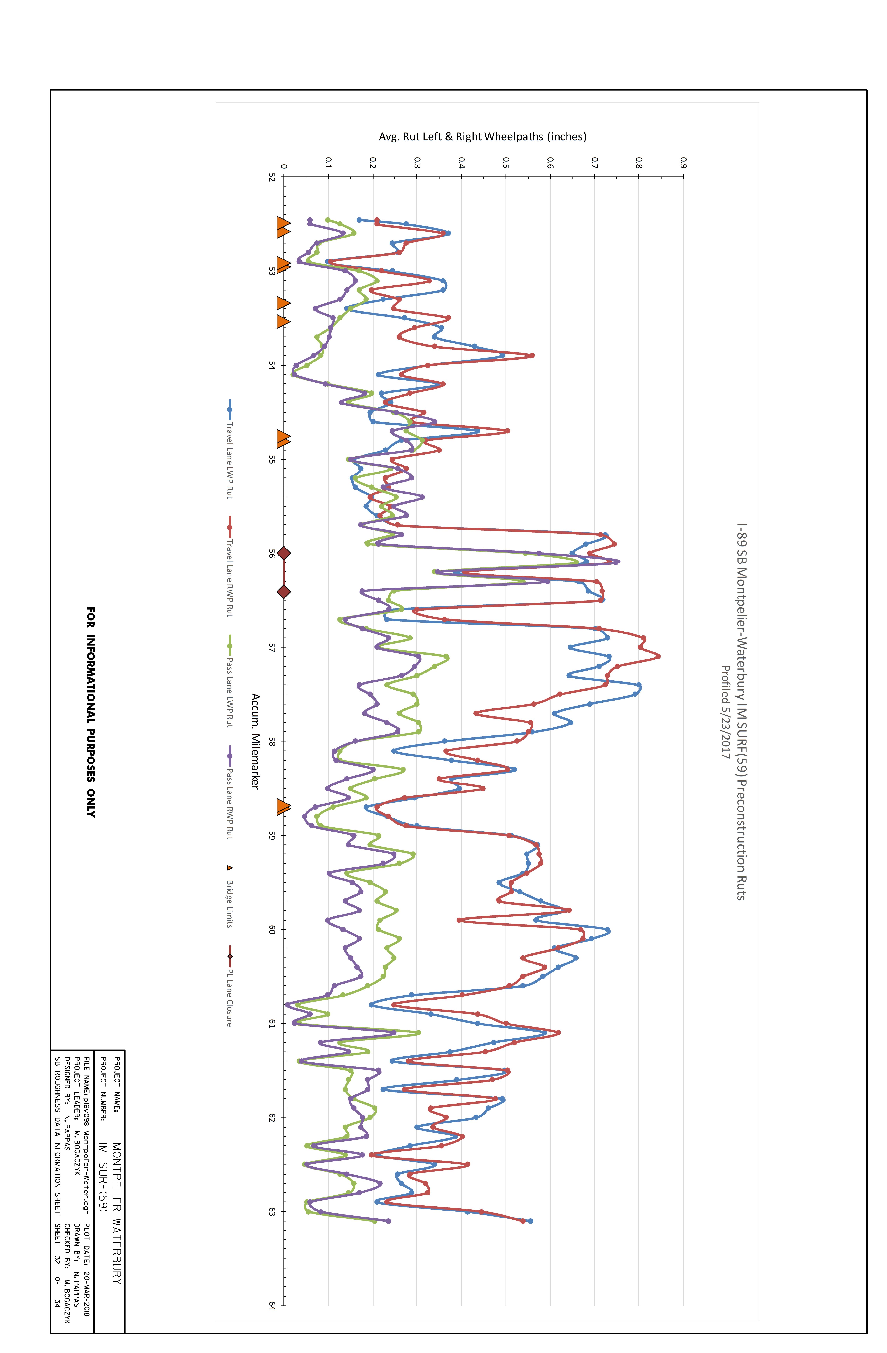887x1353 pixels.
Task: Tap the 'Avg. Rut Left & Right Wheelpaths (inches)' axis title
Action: [x=482, y=136]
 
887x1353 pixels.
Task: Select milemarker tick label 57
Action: [x=272, y=647]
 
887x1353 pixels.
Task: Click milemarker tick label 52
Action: [x=272, y=177]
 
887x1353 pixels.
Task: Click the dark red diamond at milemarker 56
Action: [x=284, y=553]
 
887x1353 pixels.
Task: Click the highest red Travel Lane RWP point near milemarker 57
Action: [x=658, y=657]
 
